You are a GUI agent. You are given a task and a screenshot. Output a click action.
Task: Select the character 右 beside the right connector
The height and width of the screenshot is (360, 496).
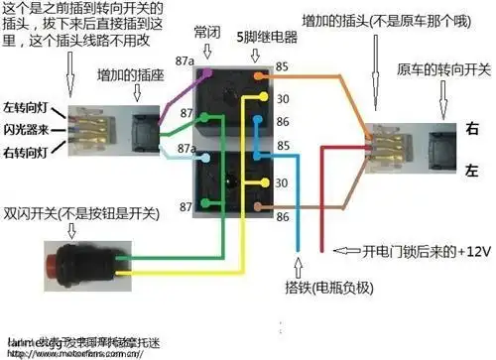point(471,127)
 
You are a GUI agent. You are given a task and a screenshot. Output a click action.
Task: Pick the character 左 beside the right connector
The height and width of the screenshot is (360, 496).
point(471,171)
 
